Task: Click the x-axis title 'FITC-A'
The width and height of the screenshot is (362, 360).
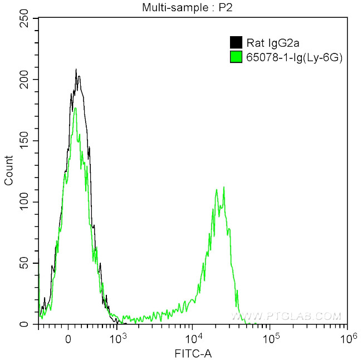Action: pos(193,353)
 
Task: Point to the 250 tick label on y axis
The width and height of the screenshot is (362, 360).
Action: pos(25,18)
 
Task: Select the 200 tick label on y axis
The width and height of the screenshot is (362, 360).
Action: pos(25,80)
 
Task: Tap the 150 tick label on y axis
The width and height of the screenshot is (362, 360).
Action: pos(25,141)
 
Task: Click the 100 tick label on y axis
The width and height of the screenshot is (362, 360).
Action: pos(25,202)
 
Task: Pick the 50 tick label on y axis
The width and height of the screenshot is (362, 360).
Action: pos(27,263)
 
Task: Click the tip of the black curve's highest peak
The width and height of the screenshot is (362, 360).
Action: pos(76,70)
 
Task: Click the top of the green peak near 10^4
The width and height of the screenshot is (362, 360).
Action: pos(224,187)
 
